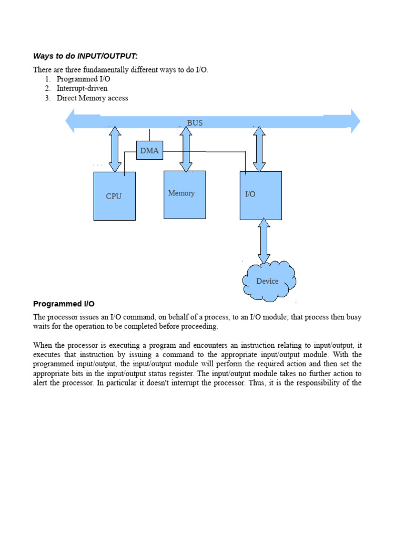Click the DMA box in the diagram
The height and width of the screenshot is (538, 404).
tap(149, 151)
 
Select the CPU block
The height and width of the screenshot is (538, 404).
tap(114, 196)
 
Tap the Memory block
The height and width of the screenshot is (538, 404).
tap(185, 194)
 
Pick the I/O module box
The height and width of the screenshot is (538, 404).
tap(261, 195)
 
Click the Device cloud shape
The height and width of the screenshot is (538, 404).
tap(268, 281)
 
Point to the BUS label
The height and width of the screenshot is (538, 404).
tap(195, 123)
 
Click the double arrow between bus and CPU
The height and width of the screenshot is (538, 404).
tap(115, 149)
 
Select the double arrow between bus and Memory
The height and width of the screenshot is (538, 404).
tap(186, 150)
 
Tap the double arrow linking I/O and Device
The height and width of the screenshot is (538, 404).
tap(264, 241)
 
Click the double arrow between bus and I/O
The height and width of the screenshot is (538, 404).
tap(259, 149)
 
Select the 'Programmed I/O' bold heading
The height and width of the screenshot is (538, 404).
tap(64, 304)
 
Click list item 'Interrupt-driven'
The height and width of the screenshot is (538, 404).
tap(82, 88)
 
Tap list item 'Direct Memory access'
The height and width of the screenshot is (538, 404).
tap(92, 98)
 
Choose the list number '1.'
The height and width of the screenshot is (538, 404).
tap(48, 79)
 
